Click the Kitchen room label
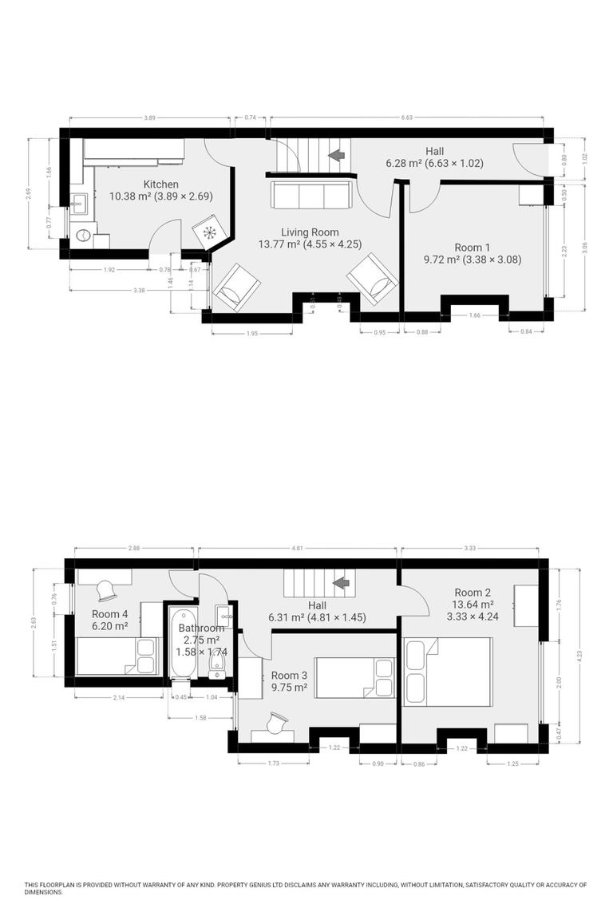(x=160, y=184)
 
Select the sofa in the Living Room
(x=309, y=194)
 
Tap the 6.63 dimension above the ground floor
(x=407, y=117)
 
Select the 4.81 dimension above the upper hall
(x=297, y=549)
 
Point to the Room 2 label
(x=473, y=593)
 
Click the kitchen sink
(x=79, y=204)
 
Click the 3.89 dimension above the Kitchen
(x=149, y=117)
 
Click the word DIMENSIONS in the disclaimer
(x=43, y=892)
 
